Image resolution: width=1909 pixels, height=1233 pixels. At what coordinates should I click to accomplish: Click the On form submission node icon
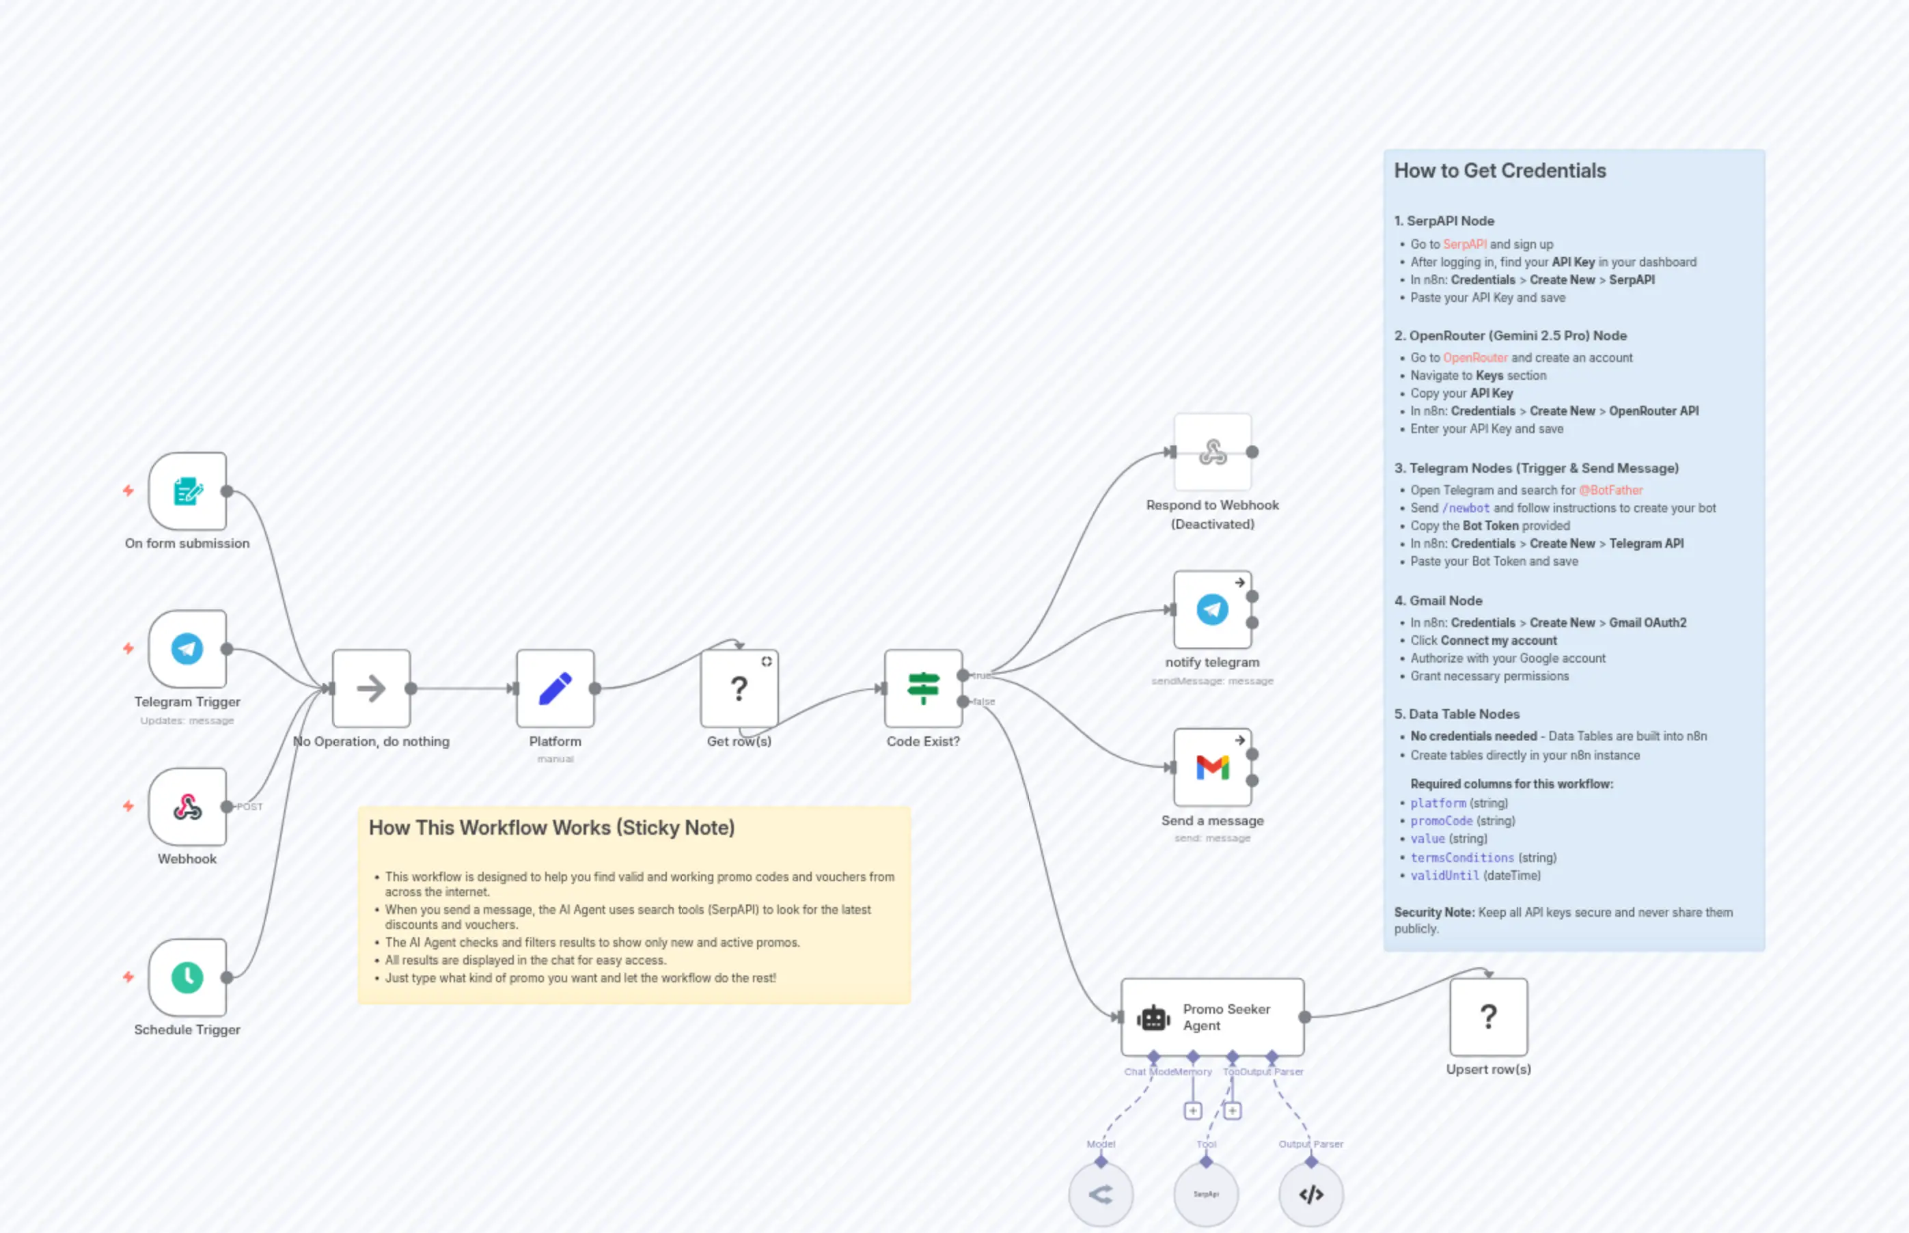187,490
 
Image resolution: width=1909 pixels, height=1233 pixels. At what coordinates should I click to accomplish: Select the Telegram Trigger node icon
187,648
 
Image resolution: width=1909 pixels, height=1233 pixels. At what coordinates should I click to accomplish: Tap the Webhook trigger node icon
187,806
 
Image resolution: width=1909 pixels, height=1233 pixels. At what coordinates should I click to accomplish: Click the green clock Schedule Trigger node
187,977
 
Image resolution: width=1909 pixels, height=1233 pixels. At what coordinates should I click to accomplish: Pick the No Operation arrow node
371,688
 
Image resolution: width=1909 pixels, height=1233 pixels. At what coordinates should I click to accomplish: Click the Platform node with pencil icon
555,688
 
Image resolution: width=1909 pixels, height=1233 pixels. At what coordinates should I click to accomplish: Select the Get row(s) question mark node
739,688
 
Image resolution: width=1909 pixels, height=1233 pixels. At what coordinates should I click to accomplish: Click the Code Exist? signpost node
922,688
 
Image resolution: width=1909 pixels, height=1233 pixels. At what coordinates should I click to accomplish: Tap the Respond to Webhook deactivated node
1212,452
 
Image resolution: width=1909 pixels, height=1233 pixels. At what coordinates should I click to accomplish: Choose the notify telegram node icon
1212,609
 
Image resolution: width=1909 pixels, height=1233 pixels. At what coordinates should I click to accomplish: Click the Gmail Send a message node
1212,767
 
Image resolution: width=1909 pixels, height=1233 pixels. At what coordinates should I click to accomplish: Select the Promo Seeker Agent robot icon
1153,1018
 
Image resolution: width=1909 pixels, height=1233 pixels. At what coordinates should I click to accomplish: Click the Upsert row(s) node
1488,1016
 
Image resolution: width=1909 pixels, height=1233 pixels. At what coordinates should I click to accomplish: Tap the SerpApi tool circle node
1206,1194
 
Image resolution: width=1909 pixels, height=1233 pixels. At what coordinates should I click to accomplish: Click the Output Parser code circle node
1311,1194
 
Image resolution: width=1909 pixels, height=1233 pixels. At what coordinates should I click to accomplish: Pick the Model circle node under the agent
1101,1194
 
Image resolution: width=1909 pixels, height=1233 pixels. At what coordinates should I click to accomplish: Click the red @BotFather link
1610,490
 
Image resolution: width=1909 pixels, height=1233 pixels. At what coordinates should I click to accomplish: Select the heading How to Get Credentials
1500,171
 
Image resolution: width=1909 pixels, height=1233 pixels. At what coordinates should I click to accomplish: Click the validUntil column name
1444,875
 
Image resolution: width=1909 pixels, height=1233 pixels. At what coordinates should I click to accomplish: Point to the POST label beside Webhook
250,806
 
